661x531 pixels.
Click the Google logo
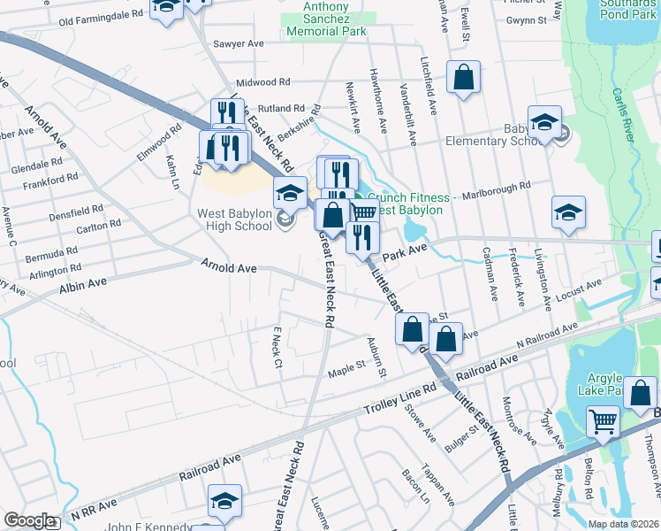pos(28,520)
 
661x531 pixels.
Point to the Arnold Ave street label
pos(229,265)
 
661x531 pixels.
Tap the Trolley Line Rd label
pos(401,400)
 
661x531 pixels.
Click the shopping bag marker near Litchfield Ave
pos(463,78)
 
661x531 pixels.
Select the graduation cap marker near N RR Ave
pos(225,501)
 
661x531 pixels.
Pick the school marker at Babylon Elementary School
pos(544,124)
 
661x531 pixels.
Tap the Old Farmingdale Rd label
pos(101,15)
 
